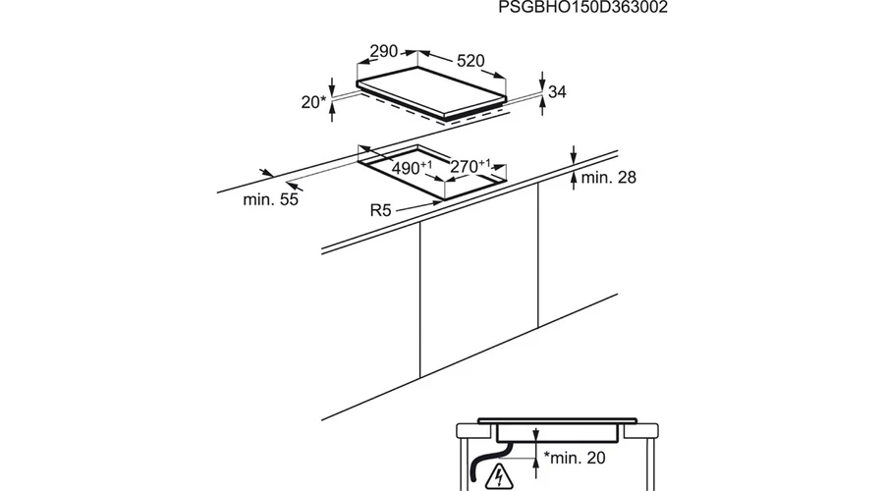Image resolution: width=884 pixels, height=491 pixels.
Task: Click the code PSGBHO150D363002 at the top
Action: (582, 7)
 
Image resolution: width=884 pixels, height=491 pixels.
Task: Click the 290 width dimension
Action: (384, 51)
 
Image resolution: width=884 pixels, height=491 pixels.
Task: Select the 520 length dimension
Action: (470, 60)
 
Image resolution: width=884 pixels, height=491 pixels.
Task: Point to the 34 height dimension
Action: (557, 91)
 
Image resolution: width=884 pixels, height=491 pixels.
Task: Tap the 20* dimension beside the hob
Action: (313, 102)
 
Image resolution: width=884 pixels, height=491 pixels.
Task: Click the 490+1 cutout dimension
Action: (412, 167)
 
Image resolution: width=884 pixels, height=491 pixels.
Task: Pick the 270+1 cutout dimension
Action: (470, 166)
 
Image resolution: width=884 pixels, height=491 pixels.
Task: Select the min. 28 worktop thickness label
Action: (608, 178)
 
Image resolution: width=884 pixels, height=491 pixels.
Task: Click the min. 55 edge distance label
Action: (271, 199)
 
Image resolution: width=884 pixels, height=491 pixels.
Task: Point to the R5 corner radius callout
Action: (380, 210)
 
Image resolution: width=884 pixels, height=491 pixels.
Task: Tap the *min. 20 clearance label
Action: (575, 458)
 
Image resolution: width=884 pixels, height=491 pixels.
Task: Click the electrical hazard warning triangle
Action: (499, 476)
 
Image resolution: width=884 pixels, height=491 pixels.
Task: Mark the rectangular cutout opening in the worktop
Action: (432, 172)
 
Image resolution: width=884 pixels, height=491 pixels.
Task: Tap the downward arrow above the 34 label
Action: (542, 81)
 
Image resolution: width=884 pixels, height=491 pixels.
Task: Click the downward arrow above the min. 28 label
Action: (574, 154)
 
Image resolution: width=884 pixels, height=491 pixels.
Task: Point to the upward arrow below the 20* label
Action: (332, 113)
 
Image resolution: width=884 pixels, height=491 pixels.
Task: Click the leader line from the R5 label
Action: (417, 206)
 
